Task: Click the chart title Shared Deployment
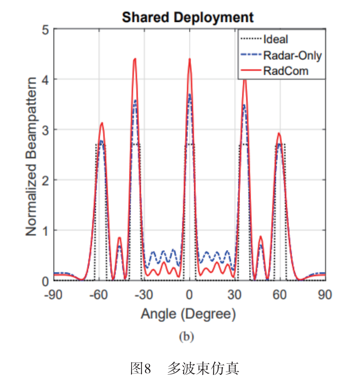pyautogui.click(x=188, y=17)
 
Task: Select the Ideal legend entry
pyautogui.click(x=275, y=39)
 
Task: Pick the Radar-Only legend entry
pyautogui.click(x=292, y=55)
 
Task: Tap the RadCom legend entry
pyautogui.click(x=286, y=71)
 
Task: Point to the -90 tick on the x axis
pyautogui.click(x=53, y=295)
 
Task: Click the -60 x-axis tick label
pyautogui.click(x=99, y=295)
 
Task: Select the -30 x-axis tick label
pyautogui.click(x=144, y=295)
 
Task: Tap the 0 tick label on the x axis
pyautogui.click(x=189, y=295)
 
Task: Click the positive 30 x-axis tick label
pyautogui.click(x=235, y=295)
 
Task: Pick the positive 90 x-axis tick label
pyautogui.click(x=325, y=295)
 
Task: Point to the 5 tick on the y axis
pyautogui.click(x=45, y=30)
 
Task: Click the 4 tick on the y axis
pyautogui.click(x=45, y=80)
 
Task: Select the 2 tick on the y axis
pyautogui.click(x=45, y=181)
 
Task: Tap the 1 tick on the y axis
pyautogui.click(x=45, y=231)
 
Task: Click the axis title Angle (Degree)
pyautogui.click(x=188, y=314)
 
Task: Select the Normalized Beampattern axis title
pyautogui.click(x=31, y=157)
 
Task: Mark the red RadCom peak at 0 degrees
pyautogui.click(x=190, y=59)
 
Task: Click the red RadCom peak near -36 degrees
pyautogui.click(x=135, y=59)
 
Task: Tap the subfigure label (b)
pyautogui.click(x=186, y=337)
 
